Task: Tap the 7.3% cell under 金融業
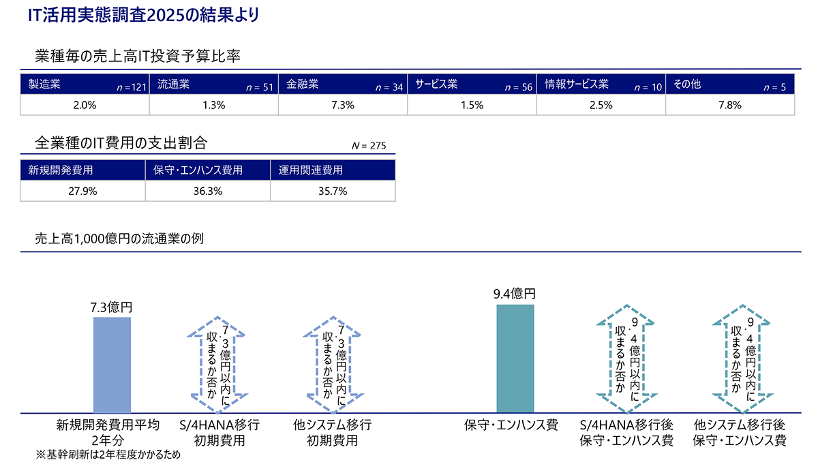click(342, 105)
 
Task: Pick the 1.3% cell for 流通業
click(213, 105)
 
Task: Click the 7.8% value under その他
click(729, 105)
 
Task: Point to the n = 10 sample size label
click(648, 87)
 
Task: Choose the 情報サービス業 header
click(576, 85)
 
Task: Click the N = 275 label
click(369, 146)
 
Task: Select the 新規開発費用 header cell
click(61, 170)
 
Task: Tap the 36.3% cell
click(208, 191)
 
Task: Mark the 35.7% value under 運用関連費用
click(333, 191)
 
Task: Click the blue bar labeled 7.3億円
click(112, 365)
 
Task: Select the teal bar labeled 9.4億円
click(515, 358)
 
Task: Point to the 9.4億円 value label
click(515, 294)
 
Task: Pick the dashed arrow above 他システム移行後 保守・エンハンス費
click(740, 365)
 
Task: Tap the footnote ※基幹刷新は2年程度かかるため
click(109, 455)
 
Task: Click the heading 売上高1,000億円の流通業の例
click(119, 239)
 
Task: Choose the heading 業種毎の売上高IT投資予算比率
click(138, 56)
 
